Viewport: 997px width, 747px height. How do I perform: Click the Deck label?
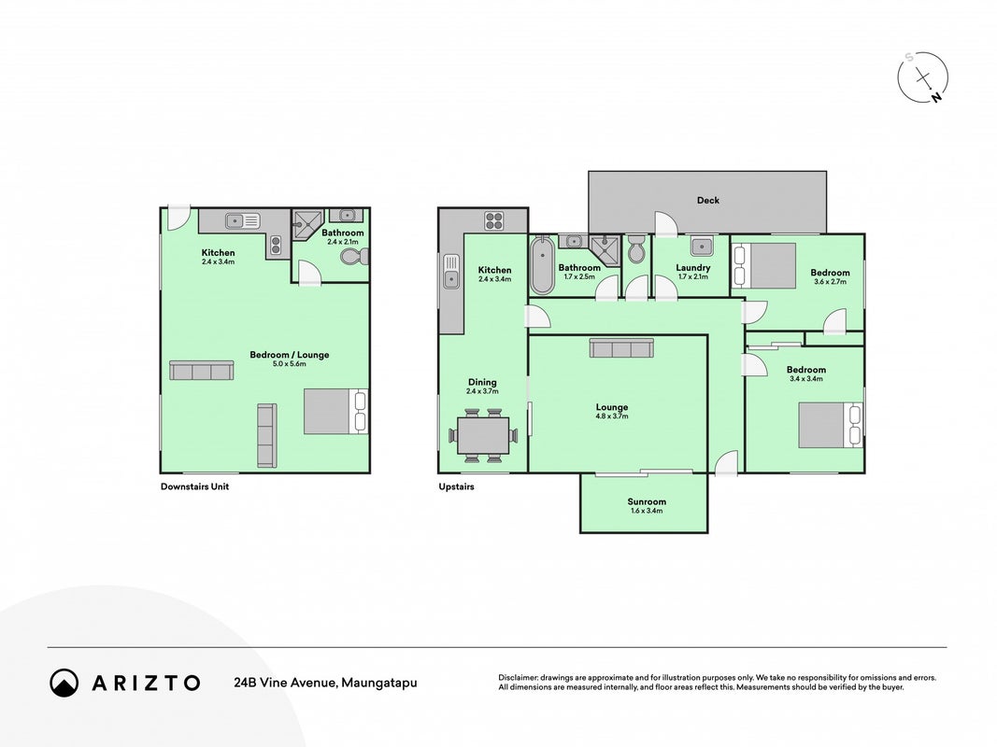tap(707, 200)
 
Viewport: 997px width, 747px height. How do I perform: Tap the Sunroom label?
tap(647, 501)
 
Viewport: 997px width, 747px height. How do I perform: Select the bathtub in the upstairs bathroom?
tap(542, 265)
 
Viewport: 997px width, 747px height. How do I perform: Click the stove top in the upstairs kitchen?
tap(494, 220)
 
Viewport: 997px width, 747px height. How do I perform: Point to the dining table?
tap(482, 435)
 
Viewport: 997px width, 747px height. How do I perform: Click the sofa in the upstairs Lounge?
tap(621, 347)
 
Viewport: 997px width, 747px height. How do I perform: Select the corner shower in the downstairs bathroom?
tap(307, 224)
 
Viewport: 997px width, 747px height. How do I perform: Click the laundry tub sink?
tap(702, 246)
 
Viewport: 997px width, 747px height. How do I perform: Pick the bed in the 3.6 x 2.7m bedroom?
tap(764, 265)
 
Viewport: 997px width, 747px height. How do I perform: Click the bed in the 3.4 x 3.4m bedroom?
tap(831, 425)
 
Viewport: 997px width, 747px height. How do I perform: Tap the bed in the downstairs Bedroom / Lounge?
tap(335, 412)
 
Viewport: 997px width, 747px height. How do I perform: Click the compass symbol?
tap(922, 78)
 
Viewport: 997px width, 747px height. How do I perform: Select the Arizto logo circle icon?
tap(64, 683)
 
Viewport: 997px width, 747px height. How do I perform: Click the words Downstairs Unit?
tap(194, 486)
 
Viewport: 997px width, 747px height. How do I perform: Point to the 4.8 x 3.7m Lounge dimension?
tap(612, 416)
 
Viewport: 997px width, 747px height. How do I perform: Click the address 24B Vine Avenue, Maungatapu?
tap(325, 683)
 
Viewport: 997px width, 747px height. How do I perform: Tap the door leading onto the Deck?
tap(665, 223)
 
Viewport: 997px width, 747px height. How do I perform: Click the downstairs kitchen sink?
tap(242, 221)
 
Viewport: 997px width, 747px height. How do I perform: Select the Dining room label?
tap(482, 383)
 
